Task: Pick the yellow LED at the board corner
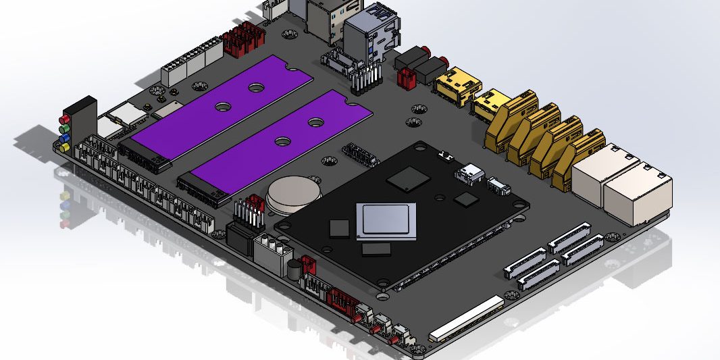66,147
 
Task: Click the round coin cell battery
292,193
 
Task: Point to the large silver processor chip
388,220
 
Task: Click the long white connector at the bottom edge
467,317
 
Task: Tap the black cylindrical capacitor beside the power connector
294,270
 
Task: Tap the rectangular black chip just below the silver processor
376,249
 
